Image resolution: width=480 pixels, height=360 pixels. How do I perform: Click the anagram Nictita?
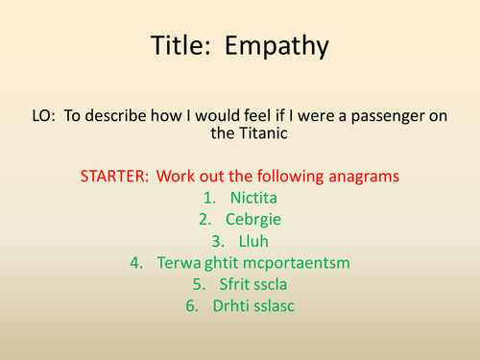click(253, 197)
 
